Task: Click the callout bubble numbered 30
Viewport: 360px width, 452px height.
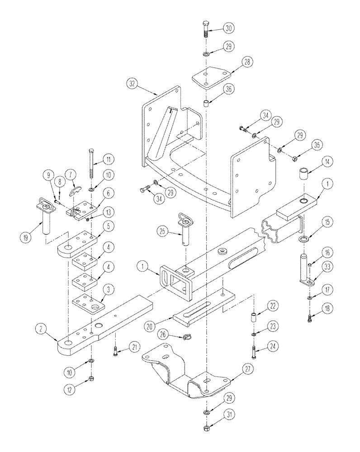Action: click(229, 28)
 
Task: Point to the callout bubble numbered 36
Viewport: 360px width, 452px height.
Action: click(228, 89)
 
